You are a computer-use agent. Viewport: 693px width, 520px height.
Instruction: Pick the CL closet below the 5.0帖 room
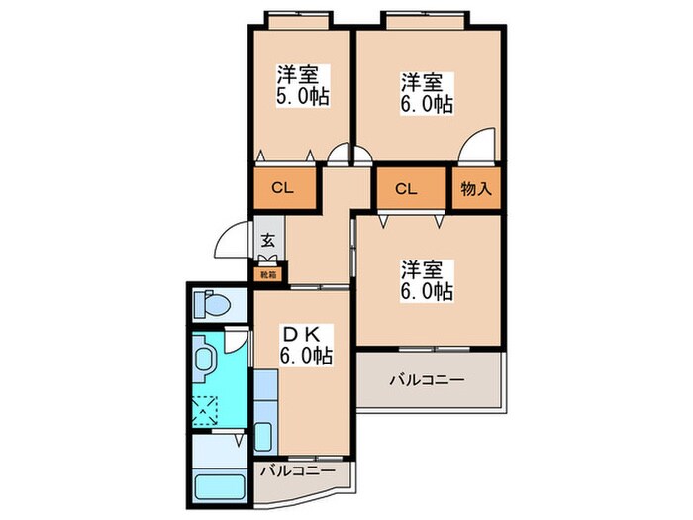click(x=283, y=187)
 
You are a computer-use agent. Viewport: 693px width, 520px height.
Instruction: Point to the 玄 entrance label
click(x=268, y=240)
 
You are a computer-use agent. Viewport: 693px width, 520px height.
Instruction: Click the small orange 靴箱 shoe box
click(x=268, y=273)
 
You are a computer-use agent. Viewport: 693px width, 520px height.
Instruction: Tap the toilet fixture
click(x=212, y=303)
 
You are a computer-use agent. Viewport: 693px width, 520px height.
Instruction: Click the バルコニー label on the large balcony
click(x=427, y=378)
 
